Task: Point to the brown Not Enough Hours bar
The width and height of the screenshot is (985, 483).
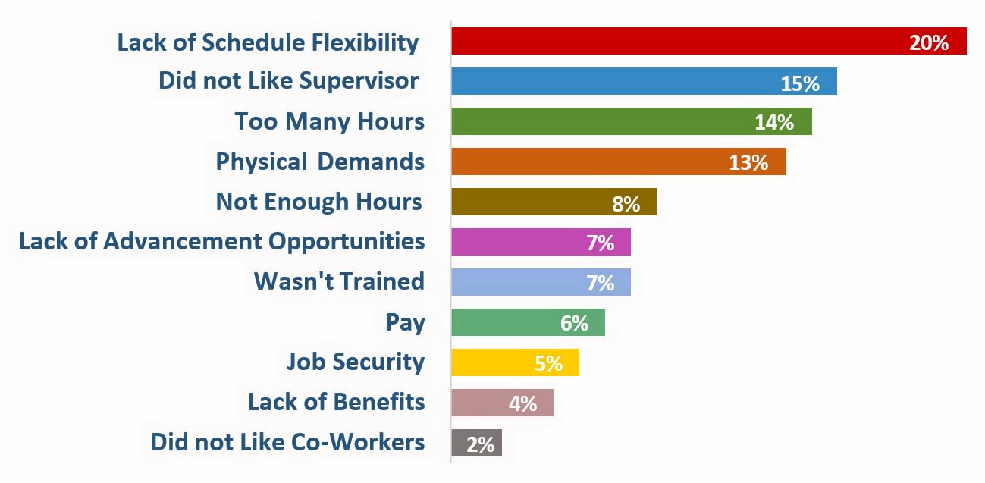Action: pos(531,202)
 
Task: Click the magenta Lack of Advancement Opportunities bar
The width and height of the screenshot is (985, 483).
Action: pos(523,242)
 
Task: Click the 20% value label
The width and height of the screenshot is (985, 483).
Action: pos(929,42)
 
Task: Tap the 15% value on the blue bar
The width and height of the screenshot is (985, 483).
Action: pos(800,83)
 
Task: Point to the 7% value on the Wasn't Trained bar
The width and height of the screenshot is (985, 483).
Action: pos(600,283)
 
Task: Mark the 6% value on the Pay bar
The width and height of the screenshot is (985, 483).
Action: pos(574,323)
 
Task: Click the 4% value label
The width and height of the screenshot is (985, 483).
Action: pos(522,403)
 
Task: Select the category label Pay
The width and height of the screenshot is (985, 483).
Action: pos(406,322)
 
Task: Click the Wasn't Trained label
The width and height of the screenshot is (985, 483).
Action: pos(339,281)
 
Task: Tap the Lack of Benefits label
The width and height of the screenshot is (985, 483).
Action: pos(337,402)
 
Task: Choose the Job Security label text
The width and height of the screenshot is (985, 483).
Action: pos(356,362)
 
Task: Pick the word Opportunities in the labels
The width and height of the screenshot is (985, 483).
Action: pos(347,242)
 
